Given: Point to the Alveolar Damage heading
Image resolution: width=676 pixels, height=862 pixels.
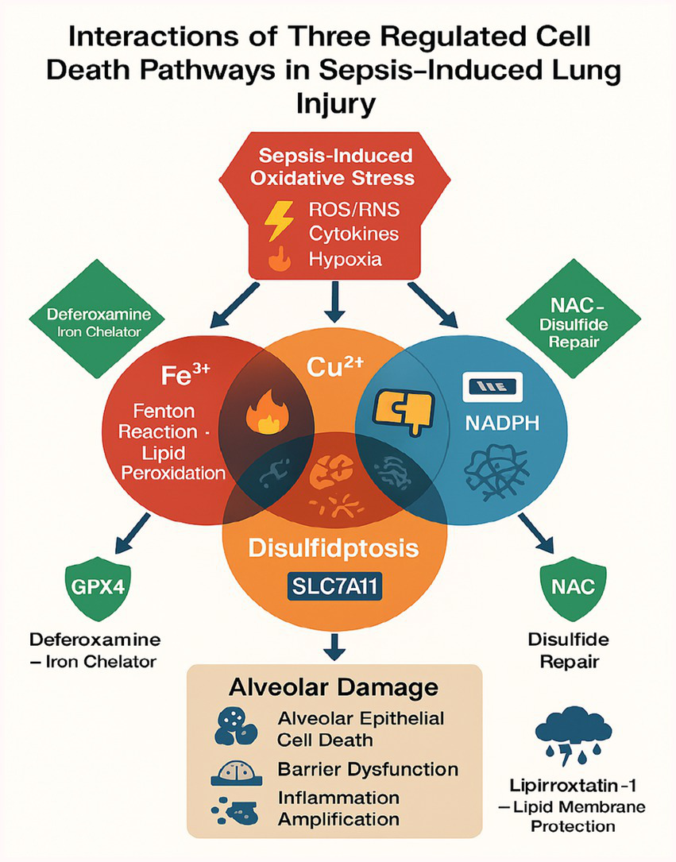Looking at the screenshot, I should pyautogui.click(x=334, y=686).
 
